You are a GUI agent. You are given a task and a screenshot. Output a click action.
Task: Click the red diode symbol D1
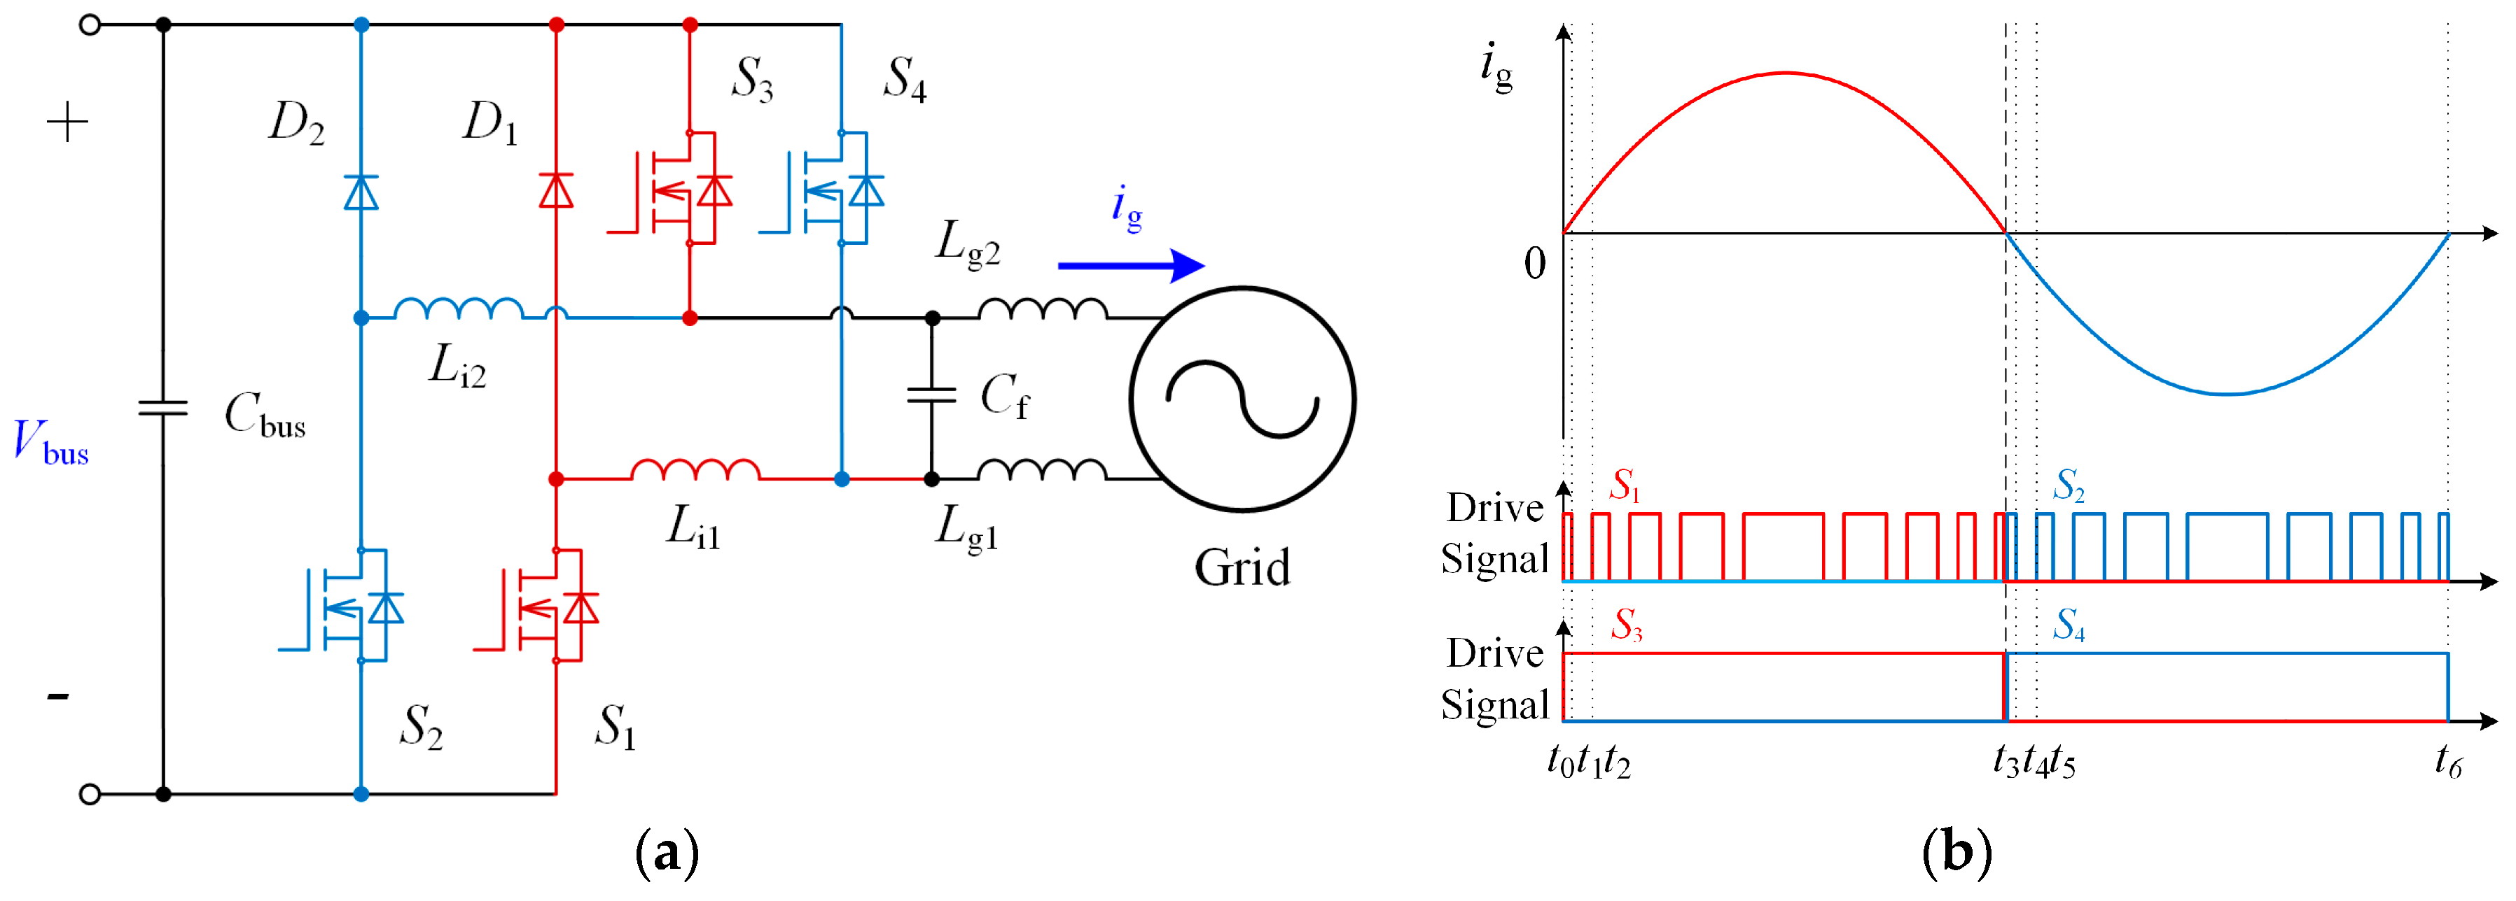(556, 190)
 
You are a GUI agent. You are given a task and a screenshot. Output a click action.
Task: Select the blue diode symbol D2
(361, 192)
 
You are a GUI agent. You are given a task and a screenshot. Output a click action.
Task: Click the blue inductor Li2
(458, 308)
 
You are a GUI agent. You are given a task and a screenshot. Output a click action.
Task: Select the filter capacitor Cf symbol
(932, 395)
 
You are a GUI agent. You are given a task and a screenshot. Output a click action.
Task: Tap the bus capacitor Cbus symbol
(163, 408)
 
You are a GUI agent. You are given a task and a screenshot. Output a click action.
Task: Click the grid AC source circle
(1242, 398)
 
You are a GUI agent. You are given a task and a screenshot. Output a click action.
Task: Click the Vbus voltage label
(51, 442)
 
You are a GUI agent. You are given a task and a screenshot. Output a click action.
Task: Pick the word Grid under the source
(1242, 568)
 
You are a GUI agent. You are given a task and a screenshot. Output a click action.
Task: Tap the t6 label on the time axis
(2447, 761)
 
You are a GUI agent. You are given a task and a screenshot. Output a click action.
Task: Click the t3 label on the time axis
(2004, 761)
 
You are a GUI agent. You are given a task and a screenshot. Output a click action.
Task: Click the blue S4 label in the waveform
(2069, 625)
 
